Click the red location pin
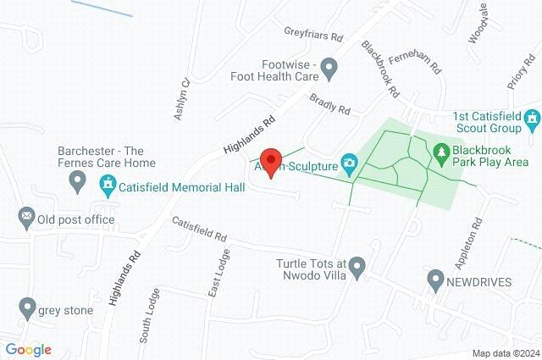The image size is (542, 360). pyautogui.click(x=270, y=160)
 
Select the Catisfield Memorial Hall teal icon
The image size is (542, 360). pyautogui.click(x=108, y=184)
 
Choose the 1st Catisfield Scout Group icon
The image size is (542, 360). pyautogui.click(x=532, y=121)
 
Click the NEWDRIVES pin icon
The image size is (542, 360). pyautogui.click(x=436, y=279)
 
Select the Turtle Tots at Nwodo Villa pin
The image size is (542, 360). pyautogui.click(x=357, y=269)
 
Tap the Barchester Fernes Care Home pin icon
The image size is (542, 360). pyautogui.click(x=78, y=180)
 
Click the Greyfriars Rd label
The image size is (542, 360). pyautogui.click(x=312, y=37)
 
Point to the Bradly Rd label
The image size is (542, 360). pyautogui.click(x=329, y=104)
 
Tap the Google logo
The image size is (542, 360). pyautogui.click(x=29, y=349)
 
